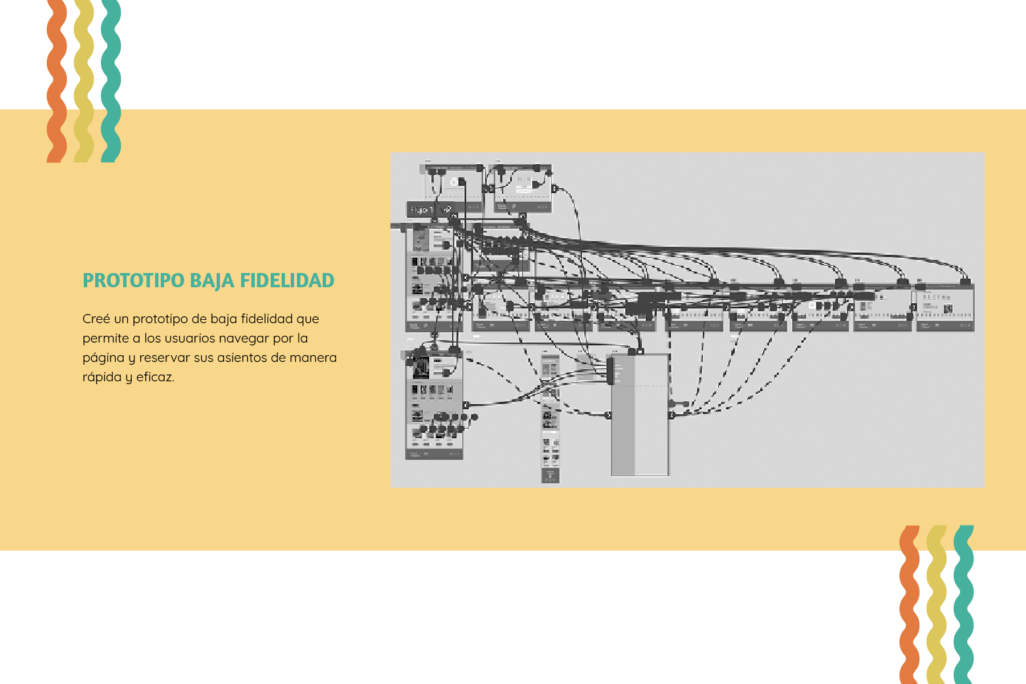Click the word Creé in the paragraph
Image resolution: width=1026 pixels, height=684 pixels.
[96, 319]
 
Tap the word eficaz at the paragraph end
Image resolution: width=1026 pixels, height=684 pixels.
[154, 377]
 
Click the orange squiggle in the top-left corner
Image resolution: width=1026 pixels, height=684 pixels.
[56, 80]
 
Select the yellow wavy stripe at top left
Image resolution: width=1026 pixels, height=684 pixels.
[84, 80]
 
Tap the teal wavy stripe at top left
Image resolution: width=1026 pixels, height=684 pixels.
[111, 80]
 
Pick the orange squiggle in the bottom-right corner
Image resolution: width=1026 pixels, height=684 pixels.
[909, 604]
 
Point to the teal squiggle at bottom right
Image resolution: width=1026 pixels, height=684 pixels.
[963, 604]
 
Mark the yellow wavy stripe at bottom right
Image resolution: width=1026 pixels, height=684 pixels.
[937, 604]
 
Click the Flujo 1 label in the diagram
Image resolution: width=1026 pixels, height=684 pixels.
[422, 210]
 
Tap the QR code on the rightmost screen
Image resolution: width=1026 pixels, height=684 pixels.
[948, 309]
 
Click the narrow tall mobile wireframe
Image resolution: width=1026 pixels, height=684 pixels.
[550, 419]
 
